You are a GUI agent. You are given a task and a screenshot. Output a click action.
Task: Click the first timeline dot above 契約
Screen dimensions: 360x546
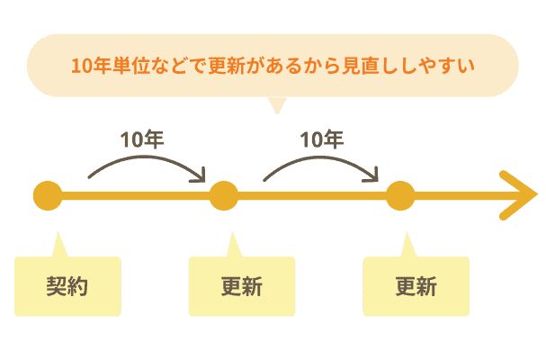click(48, 195)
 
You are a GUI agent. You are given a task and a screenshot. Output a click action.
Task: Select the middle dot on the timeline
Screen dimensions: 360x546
click(223, 195)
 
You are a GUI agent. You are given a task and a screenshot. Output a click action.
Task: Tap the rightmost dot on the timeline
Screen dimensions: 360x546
click(399, 195)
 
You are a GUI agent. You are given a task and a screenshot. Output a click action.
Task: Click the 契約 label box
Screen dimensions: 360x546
click(68, 286)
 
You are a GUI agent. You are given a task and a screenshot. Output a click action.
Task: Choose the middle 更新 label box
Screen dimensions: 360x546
click(242, 286)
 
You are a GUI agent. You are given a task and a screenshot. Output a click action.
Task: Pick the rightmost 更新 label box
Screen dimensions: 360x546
click(416, 286)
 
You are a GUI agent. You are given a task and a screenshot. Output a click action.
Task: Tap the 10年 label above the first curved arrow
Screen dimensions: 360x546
click(142, 139)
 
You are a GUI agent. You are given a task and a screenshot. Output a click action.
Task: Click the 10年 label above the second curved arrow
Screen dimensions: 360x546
click(322, 139)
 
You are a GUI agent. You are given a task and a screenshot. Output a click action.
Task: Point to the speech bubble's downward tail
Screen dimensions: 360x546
click(276, 105)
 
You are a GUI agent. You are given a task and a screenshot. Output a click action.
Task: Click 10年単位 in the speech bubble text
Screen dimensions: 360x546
click(104, 66)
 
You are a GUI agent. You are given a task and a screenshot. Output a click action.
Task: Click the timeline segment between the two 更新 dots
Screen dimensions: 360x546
click(311, 195)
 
